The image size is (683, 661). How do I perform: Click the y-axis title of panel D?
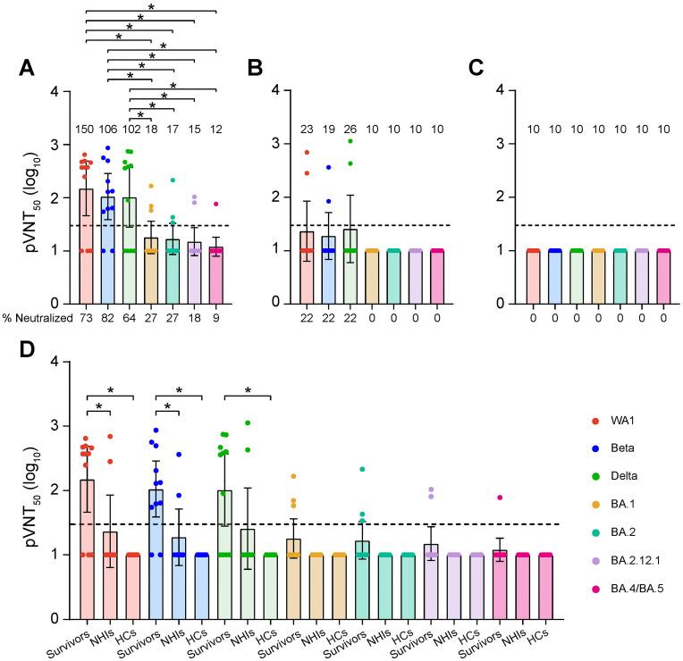point(18,489)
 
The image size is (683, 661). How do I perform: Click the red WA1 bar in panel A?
point(87,259)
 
